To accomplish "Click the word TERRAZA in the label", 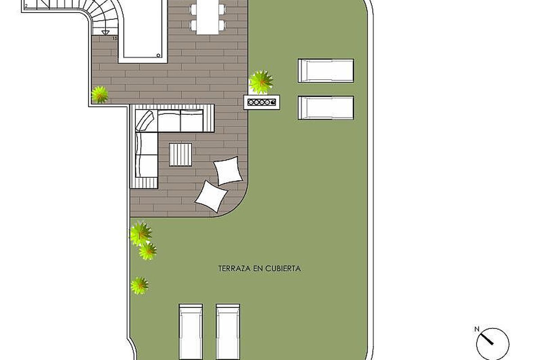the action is (x=234, y=269).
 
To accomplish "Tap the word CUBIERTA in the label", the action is (x=283, y=269).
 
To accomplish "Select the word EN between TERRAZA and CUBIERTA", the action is (x=258, y=269).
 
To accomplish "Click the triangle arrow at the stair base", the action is (x=105, y=32).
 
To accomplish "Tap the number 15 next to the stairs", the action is (x=115, y=38).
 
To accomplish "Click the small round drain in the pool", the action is (x=158, y=55).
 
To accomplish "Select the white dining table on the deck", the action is (x=207, y=18).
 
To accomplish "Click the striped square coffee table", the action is (x=180, y=154).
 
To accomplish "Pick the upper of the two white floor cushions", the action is (x=228, y=171).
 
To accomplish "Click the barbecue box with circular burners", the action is (x=262, y=102).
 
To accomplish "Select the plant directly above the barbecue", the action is (x=261, y=82).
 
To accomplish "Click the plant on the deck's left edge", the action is (x=100, y=95).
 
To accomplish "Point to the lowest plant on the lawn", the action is (x=139, y=286).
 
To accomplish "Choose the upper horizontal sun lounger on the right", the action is (x=326, y=71).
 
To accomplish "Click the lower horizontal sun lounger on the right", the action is (x=326, y=108).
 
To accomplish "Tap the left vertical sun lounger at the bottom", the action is (x=191, y=332).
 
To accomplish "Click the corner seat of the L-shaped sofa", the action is (x=146, y=121).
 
